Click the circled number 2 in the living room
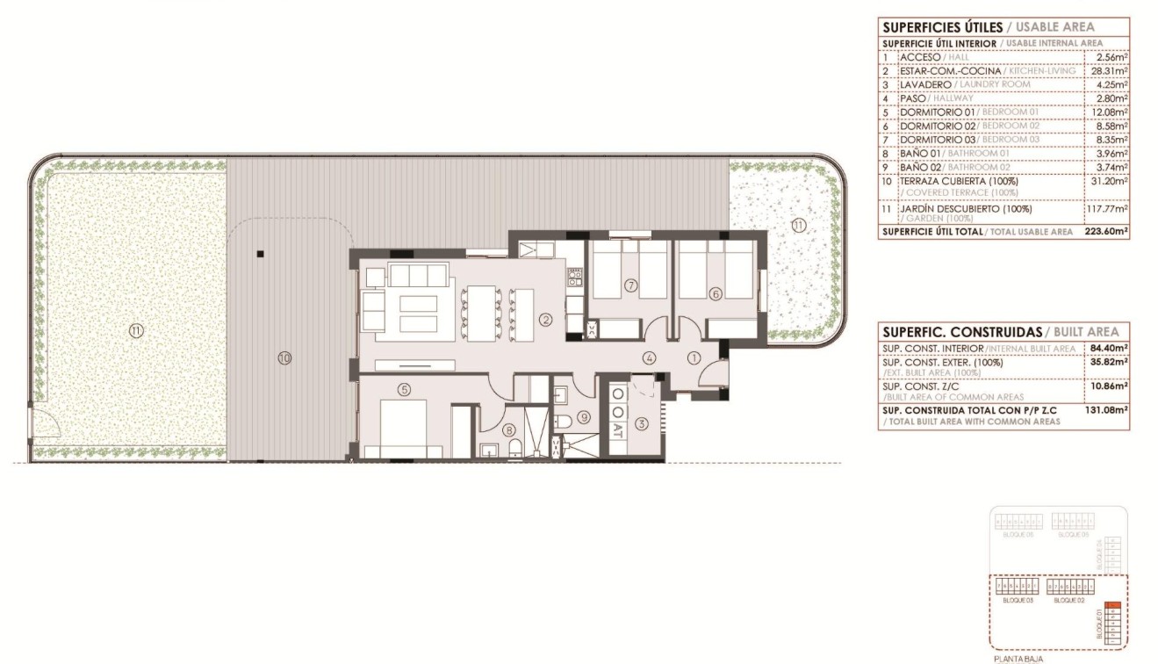(546, 320)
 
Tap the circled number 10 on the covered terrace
(284, 357)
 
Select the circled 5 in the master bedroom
(404, 389)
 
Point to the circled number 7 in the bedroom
(630, 285)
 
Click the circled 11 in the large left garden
(135, 330)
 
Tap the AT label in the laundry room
(617, 430)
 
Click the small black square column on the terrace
(260, 255)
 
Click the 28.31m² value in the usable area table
(1110, 70)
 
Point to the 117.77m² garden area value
(1107, 209)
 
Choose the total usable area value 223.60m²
(1107, 232)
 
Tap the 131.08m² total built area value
(1109, 410)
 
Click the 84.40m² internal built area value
(1109, 349)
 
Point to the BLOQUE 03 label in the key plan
(1018, 600)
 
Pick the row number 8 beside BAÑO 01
(886, 153)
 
